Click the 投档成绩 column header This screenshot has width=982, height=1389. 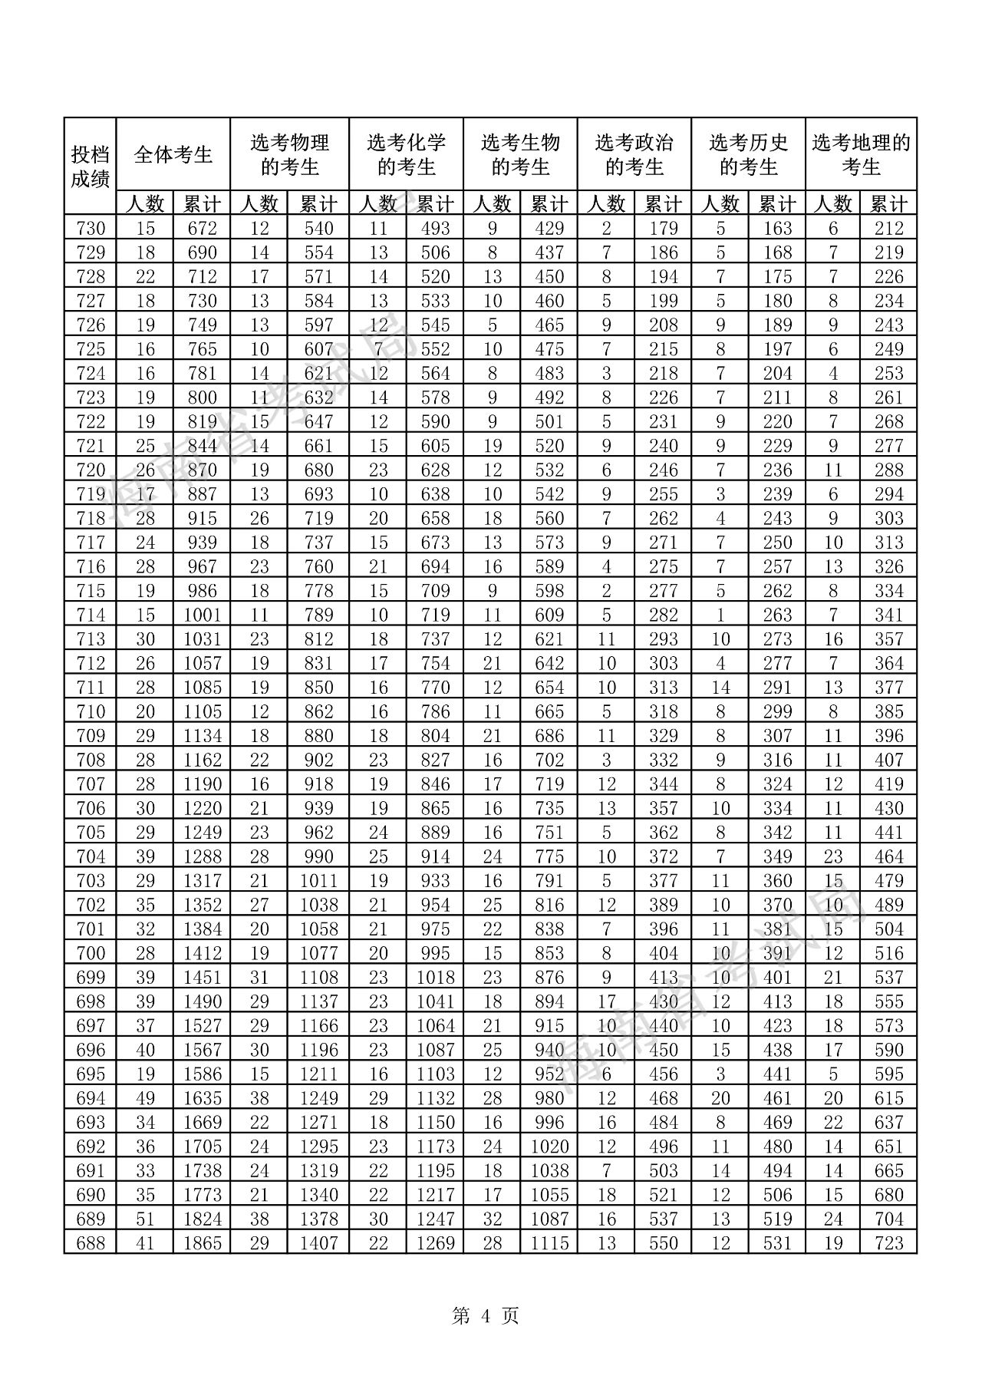[91, 167]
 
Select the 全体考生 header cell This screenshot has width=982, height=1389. [173, 154]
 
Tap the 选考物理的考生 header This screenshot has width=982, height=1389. [289, 154]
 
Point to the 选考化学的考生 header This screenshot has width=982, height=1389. [406, 154]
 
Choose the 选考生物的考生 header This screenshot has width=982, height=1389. [520, 154]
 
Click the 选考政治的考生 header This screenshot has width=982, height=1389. [634, 154]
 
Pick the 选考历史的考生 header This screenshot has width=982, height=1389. [748, 154]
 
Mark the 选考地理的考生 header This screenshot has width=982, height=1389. [861, 154]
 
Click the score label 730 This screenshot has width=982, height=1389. [91, 228]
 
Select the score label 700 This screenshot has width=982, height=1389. [91, 953]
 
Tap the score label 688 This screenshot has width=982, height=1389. [91, 1243]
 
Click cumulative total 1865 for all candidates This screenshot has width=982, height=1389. [202, 1243]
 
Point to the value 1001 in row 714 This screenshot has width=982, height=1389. [202, 615]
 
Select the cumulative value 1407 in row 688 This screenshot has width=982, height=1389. [318, 1243]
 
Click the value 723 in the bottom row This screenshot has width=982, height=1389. [888, 1243]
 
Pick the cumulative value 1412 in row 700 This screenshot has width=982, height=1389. [202, 953]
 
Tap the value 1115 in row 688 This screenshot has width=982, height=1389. [549, 1243]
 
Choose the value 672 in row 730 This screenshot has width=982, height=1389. [202, 228]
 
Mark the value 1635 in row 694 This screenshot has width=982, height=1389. [202, 1098]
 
